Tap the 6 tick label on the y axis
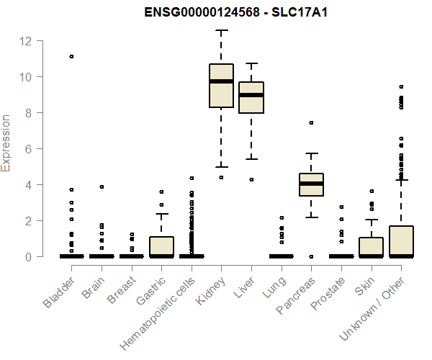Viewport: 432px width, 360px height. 26,149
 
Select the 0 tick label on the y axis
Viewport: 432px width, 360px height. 26,257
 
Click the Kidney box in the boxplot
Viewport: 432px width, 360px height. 221,86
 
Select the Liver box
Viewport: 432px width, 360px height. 251,97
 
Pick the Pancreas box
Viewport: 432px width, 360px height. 311,184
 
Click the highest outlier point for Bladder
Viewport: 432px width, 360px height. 71,56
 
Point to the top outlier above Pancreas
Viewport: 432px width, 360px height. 311,123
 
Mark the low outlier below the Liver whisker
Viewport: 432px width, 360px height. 251,179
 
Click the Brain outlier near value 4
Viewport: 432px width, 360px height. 102,186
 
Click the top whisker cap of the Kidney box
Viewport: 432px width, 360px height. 221,30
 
